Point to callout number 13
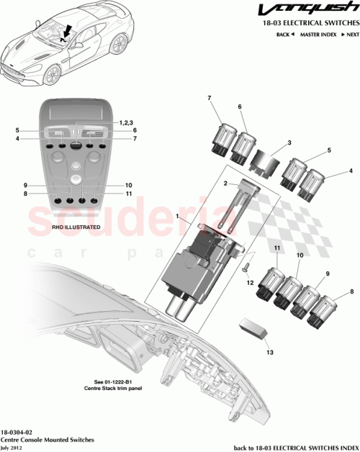click(x=270, y=353)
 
